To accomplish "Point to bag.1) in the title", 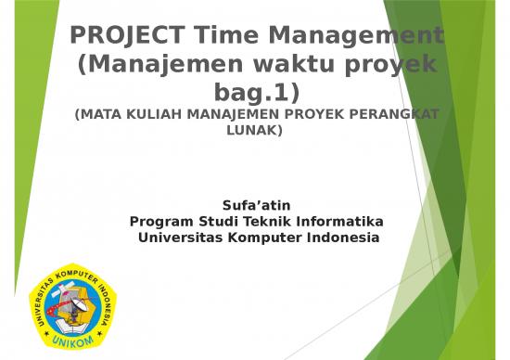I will tap(255, 94).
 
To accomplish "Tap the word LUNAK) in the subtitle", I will tap(255, 131).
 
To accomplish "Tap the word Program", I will tap(161, 221).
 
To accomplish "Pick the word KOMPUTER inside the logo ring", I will tap(76, 276).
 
